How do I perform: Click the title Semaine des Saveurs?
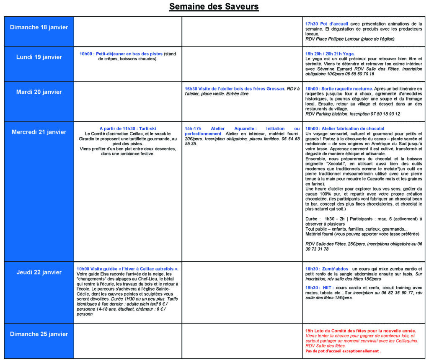[x=214, y=7]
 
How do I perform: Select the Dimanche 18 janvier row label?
[x=39, y=27]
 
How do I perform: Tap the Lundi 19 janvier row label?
[x=39, y=57]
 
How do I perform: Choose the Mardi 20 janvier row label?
[x=39, y=92]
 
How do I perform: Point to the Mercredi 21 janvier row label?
[x=39, y=132]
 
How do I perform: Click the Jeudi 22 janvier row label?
[x=39, y=272]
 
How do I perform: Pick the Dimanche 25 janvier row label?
[x=39, y=334]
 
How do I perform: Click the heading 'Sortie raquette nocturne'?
[x=339, y=89]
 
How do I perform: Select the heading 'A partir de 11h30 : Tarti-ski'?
[x=127, y=128]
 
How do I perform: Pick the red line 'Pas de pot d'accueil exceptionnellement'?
[x=343, y=351]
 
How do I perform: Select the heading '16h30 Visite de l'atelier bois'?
[x=234, y=89]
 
